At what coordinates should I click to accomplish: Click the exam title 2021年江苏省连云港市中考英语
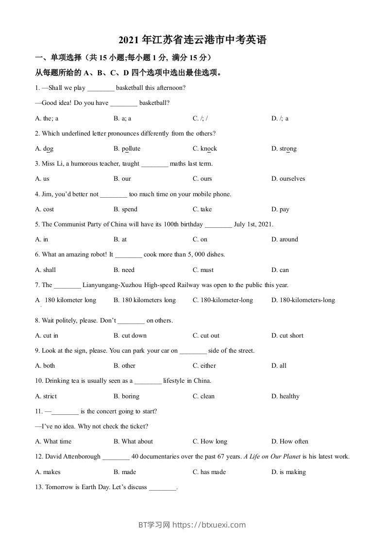pos(192,40)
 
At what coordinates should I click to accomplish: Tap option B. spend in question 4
pos(125,209)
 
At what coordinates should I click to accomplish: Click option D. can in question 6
pos(280,270)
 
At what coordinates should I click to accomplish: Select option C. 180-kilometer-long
pos(222,300)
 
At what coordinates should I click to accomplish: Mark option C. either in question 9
pos(204,366)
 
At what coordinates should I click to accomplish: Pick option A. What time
pos(53,442)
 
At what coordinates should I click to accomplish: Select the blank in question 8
pos(131,321)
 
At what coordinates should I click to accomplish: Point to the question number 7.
pos(37,285)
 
